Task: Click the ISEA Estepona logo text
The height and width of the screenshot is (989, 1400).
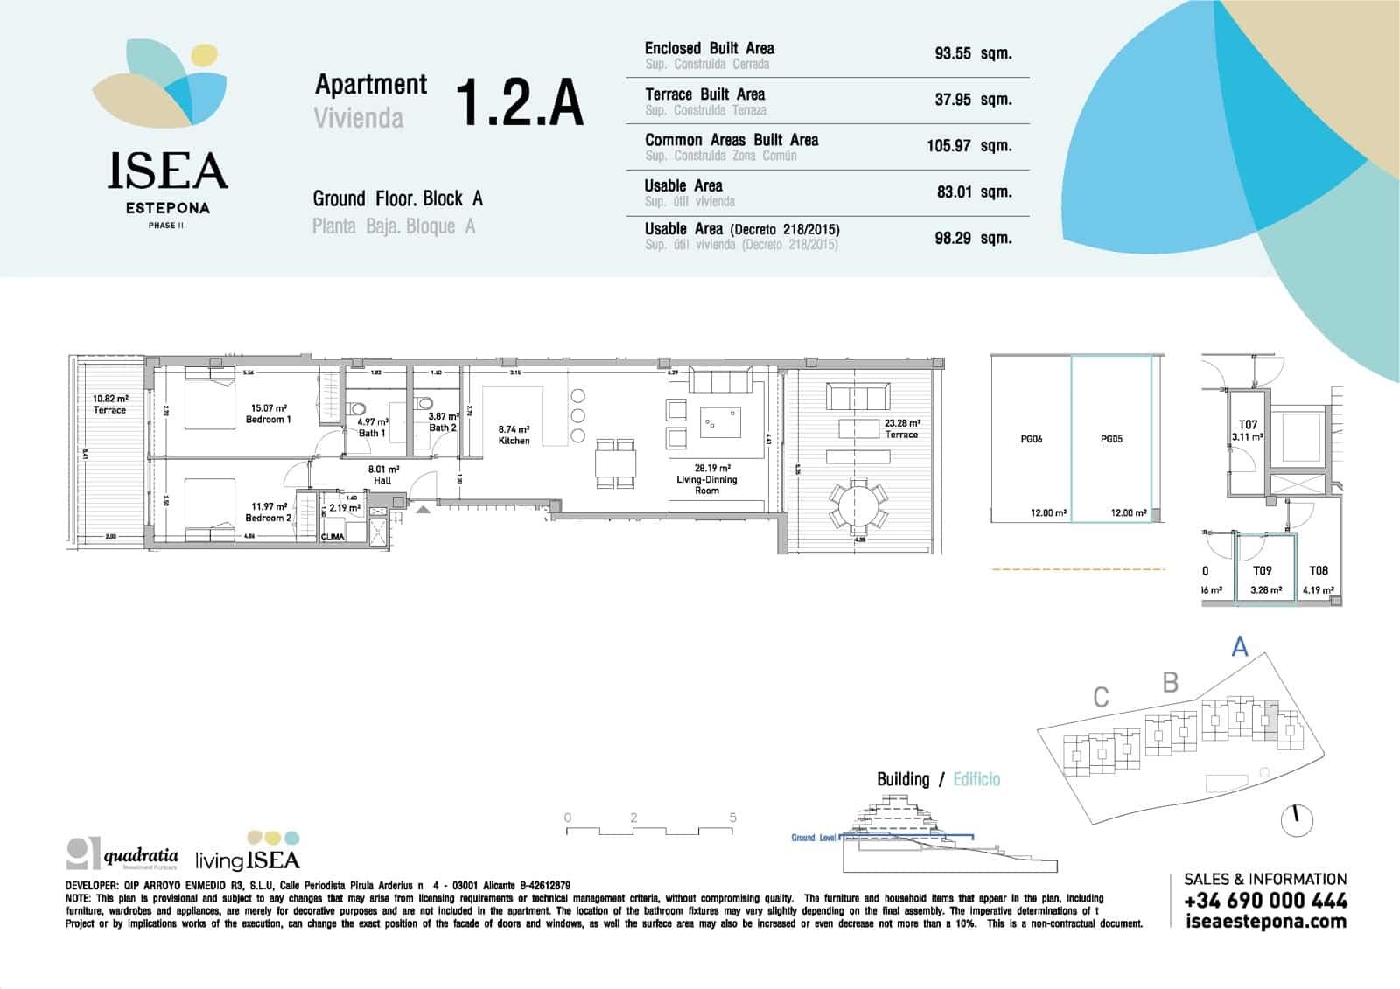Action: [x=167, y=171]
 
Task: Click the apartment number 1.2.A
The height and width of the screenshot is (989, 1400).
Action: [x=519, y=103]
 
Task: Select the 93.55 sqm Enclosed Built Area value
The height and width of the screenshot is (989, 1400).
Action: [x=973, y=53]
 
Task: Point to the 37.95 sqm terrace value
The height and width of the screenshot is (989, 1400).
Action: [x=973, y=100]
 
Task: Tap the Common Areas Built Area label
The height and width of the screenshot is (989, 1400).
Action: [x=731, y=140]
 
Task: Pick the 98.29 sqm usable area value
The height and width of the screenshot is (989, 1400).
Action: [x=973, y=238]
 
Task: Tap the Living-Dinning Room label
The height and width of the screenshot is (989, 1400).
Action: [x=706, y=479]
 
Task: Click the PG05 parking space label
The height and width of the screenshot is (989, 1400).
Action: [x=1111, y=439]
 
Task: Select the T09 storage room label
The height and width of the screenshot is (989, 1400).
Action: [x=1262, y=571]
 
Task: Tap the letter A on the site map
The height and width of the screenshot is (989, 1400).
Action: [x=1240, y=646]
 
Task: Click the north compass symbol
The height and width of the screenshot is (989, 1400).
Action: [x=1297, y=819]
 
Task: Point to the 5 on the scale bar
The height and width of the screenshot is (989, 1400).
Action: [x=732, y=818]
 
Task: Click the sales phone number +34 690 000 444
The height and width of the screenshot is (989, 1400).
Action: [x=1265, y=901]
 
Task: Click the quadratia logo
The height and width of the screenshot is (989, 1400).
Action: [x=123, y=855]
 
